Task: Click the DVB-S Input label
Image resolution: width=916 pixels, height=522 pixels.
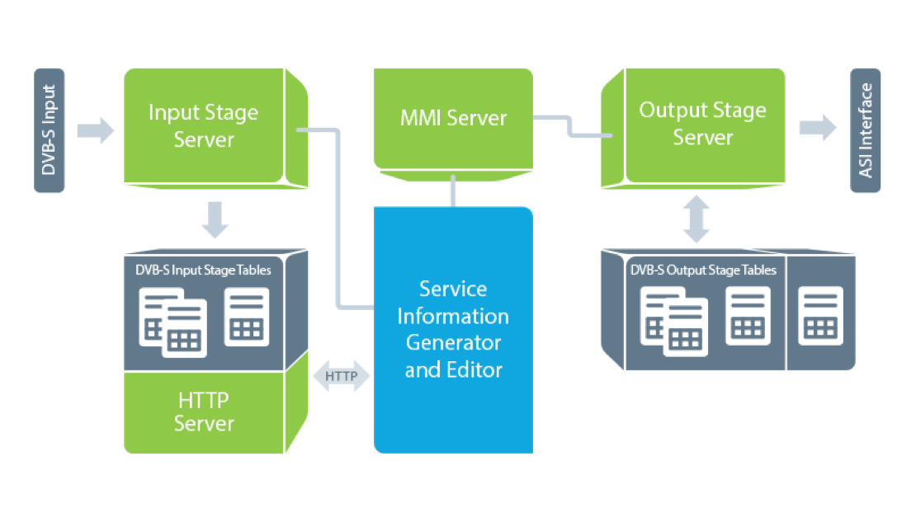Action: click(x=49, y=130)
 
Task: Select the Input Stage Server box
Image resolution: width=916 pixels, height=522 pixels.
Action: click(x=204, y=125)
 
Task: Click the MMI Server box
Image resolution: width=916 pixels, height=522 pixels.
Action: click(x=453, y=118)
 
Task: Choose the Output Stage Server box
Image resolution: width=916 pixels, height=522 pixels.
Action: click(x=701, y=124)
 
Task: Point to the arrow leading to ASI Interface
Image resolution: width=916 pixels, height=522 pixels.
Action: click(x=817, y=128)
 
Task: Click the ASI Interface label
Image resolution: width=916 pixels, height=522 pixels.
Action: click(x=866, y=130)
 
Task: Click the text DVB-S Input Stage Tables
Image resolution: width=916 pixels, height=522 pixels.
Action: click(x=203, y=269)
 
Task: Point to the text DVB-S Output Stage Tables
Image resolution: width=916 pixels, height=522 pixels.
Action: click(x=703, y=269)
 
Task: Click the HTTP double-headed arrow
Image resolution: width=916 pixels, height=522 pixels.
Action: click(x=342, y=376)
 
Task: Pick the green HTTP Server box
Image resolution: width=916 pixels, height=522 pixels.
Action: click(x=204, y=411)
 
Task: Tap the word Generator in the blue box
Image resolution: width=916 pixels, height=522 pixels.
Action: click(x=453, y=343)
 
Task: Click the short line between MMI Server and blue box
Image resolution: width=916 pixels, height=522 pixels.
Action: click(x=452, y=190)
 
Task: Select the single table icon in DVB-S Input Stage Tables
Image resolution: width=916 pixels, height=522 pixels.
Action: click(x=246, y=317)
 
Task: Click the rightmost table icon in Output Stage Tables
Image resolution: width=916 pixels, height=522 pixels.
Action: click(x=820, y=315)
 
